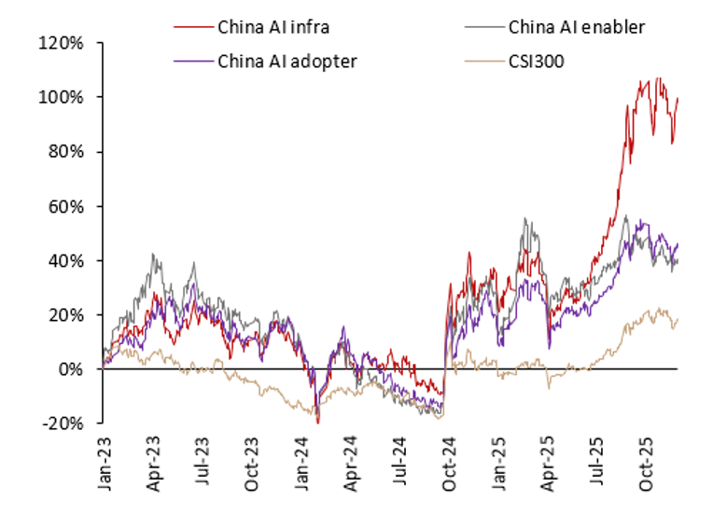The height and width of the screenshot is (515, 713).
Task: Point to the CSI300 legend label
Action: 537,62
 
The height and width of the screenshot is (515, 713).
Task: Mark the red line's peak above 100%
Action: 658,79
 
